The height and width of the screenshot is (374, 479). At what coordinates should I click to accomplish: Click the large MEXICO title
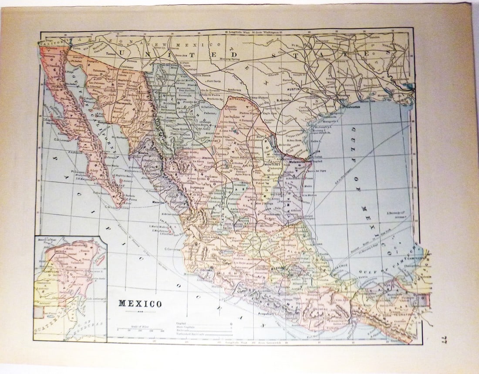(140, 304)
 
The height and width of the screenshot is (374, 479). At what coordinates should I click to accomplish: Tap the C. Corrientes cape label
(172, 249)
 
